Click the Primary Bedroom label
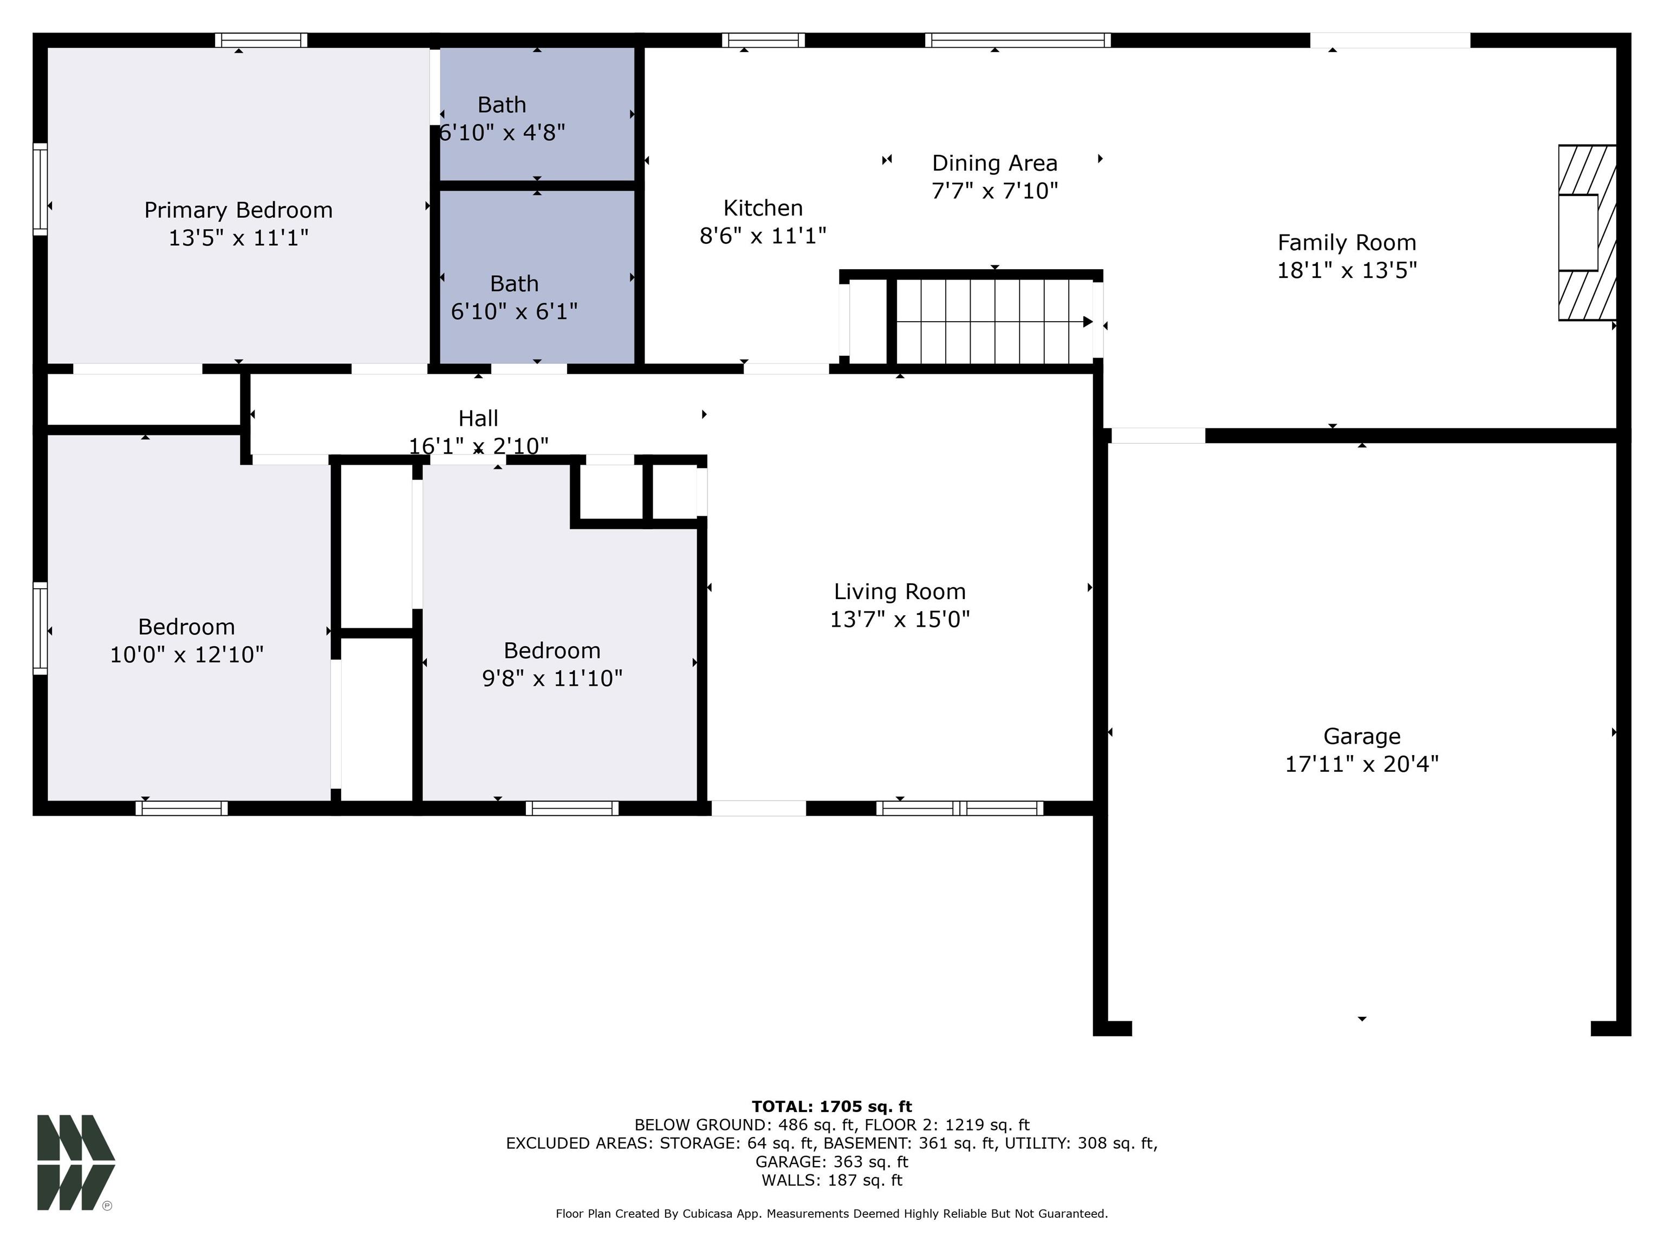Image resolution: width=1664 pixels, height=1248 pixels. (x=238, y=210)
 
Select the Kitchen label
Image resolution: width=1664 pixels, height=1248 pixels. (x=763, y=207)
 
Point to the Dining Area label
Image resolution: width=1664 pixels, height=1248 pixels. (x=994, y=163)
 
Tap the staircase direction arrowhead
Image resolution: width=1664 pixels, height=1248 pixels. (x=1087, y=322)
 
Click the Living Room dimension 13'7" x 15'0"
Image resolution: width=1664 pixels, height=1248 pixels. (x=899, y=619)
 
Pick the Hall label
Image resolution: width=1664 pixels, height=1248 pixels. (x=478, y=418)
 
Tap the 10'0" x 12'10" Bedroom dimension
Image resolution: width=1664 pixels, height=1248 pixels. (x=186, y=654)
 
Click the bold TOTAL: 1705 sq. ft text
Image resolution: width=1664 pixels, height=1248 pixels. (x=831, y=1107)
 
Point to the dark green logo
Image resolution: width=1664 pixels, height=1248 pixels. (x=75, y=1162)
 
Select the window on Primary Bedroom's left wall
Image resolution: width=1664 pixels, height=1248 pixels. (x=40, y=189)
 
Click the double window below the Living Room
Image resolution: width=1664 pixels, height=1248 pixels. (x=959, y=809)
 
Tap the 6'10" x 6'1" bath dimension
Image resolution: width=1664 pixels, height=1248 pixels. (x=514, y=311)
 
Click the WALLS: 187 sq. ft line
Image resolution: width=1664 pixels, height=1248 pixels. (x=831, y=1180)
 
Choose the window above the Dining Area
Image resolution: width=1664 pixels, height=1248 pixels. (x=1017, y=41)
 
